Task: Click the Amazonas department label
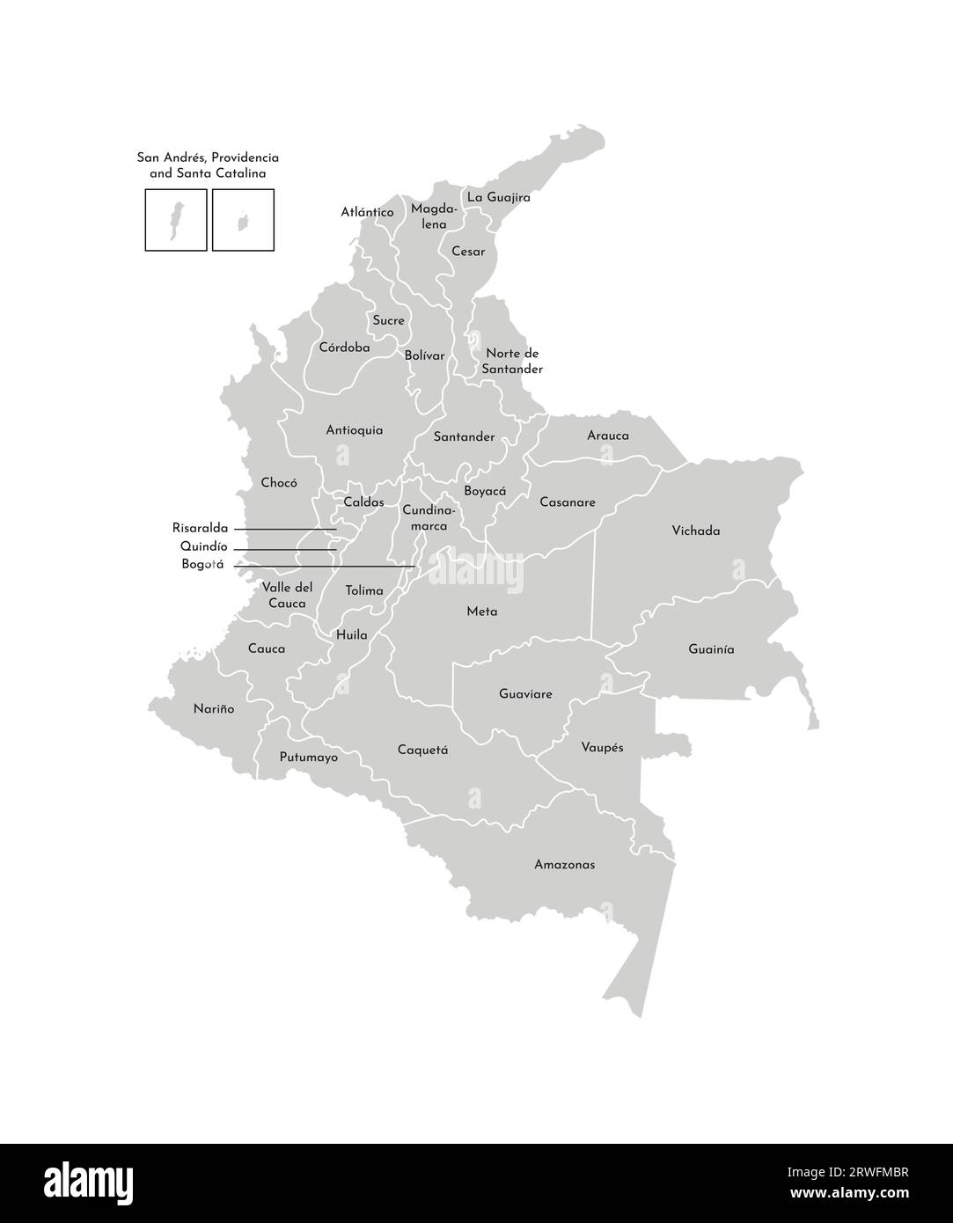564,865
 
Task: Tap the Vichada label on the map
695,531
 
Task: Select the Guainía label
711,650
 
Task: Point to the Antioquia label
354,431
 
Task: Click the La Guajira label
498,198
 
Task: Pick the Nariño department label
214,709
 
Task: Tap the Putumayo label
308,758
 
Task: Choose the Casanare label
567,503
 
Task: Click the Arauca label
607,436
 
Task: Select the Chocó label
279,483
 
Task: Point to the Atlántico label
367,213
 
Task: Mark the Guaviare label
525,695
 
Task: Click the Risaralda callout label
200,529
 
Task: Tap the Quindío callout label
203,547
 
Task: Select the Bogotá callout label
202,565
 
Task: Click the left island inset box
176,220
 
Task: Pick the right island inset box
243,220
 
